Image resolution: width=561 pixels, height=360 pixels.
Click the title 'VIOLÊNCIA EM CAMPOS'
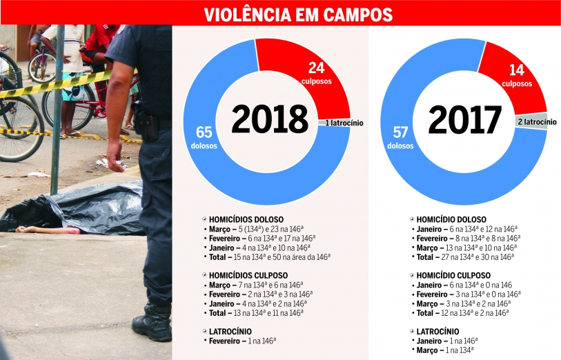tap(298, 14)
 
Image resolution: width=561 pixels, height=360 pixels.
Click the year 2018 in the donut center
tap(269, 119)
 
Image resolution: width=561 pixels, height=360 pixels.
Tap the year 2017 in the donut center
tap(464, 119)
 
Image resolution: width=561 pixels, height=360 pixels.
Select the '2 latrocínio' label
tap(537, 122)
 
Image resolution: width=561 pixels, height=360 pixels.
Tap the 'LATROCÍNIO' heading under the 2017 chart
tap(438, 331)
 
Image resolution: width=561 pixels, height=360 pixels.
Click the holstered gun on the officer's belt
tap(146, 124)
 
